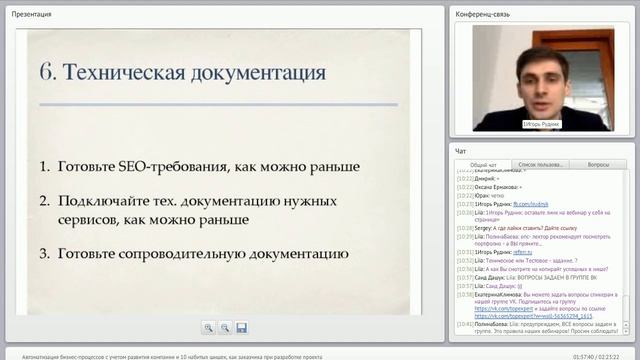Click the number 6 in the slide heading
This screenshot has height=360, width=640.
pyautogui.click(x=46, y=73)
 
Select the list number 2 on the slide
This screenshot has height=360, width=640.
pyautogui.click(x=45, y=199)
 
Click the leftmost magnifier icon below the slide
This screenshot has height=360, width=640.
pyautogui.click(x=209, y=327)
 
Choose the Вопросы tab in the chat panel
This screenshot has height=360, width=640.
pyautogui.click(x=598, y=163)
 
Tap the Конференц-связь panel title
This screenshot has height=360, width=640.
pyautogui.click(x=483, y=15)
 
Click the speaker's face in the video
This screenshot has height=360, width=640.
pyautogui.click(x=538, y=74)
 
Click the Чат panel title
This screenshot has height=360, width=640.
pyautogui.click(x=461, y=150)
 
